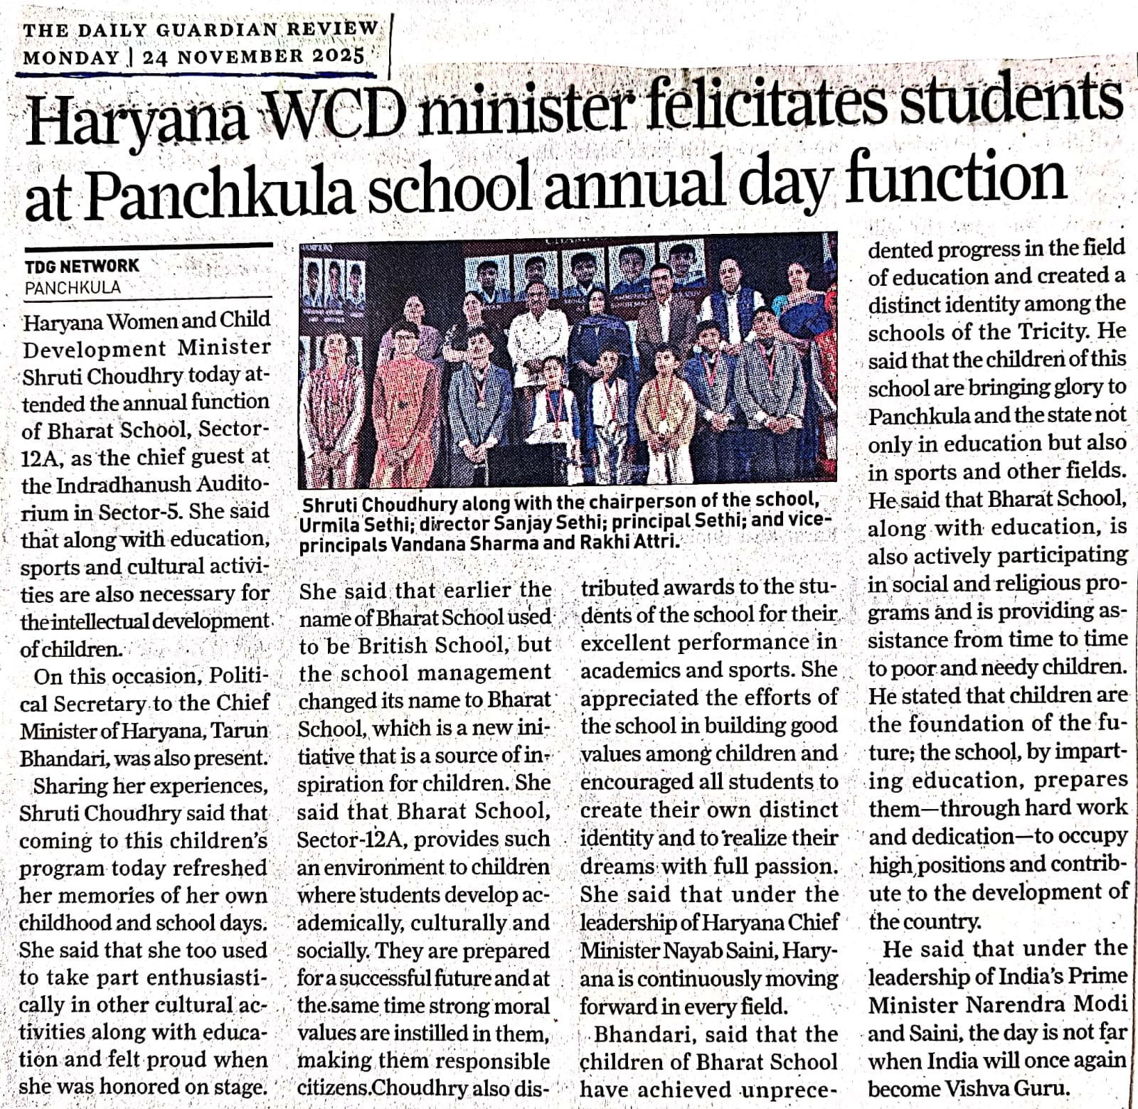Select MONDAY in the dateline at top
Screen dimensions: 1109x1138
[71, 57]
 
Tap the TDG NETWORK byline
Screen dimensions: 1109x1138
[83, 267]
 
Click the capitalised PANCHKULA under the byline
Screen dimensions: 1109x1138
[73, 288]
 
